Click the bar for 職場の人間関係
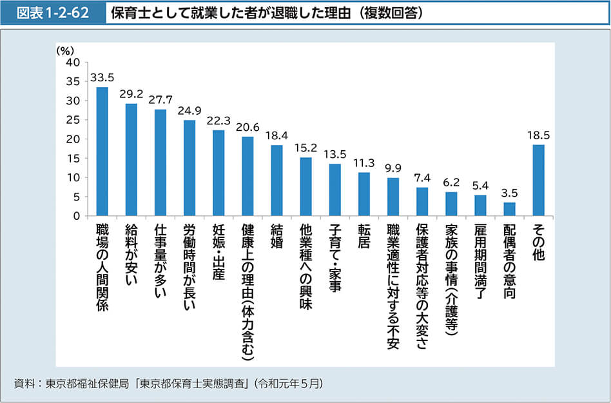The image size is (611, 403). click(x=102, y=152)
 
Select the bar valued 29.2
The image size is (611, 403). click(x=131, y=160)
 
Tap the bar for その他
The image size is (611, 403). click(x=538, y=180)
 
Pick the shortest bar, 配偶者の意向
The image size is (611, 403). click(x=509, y=209)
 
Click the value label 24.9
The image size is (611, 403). click(x=189, y=110)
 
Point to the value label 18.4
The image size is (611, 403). click(x=276, y=135)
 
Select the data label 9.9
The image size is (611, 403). click(x=393, y=168)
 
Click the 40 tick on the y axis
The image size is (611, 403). click(x=73, y=63)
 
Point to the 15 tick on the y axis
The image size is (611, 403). click(x=73, y=159)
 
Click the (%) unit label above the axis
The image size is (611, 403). click(x=65, y=50)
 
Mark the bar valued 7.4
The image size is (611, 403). click(x=422, y=201)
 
